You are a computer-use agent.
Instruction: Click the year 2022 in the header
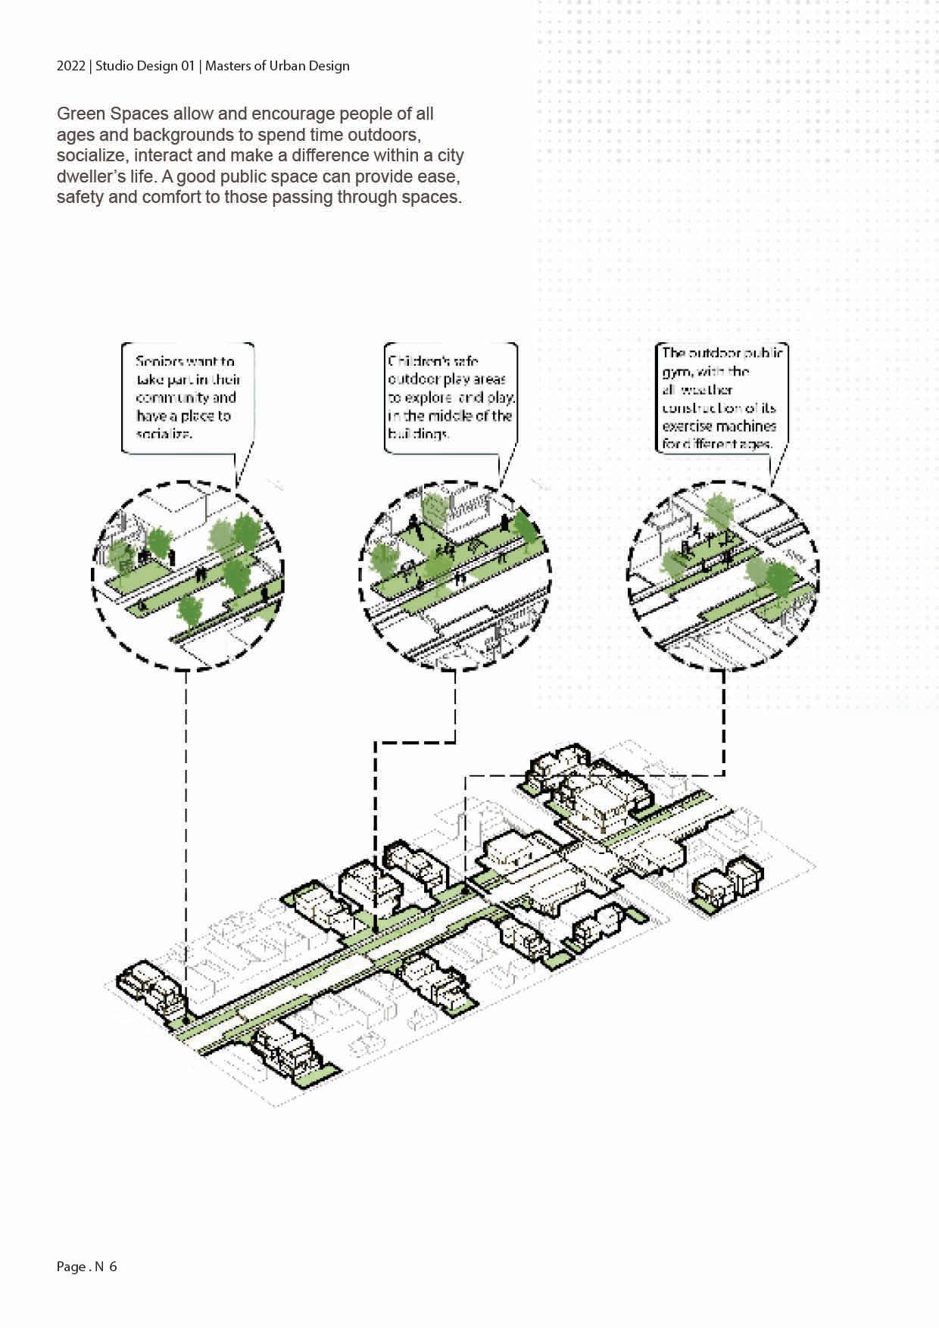70,66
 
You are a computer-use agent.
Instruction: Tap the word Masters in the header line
229,66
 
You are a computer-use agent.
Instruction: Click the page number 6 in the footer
113,1267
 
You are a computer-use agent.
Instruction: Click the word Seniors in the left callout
160,361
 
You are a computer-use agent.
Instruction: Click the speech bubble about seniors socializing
187,397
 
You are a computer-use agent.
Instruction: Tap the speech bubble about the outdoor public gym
721,398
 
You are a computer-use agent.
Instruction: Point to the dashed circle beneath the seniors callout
187,575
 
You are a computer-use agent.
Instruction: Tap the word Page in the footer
71,1267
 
